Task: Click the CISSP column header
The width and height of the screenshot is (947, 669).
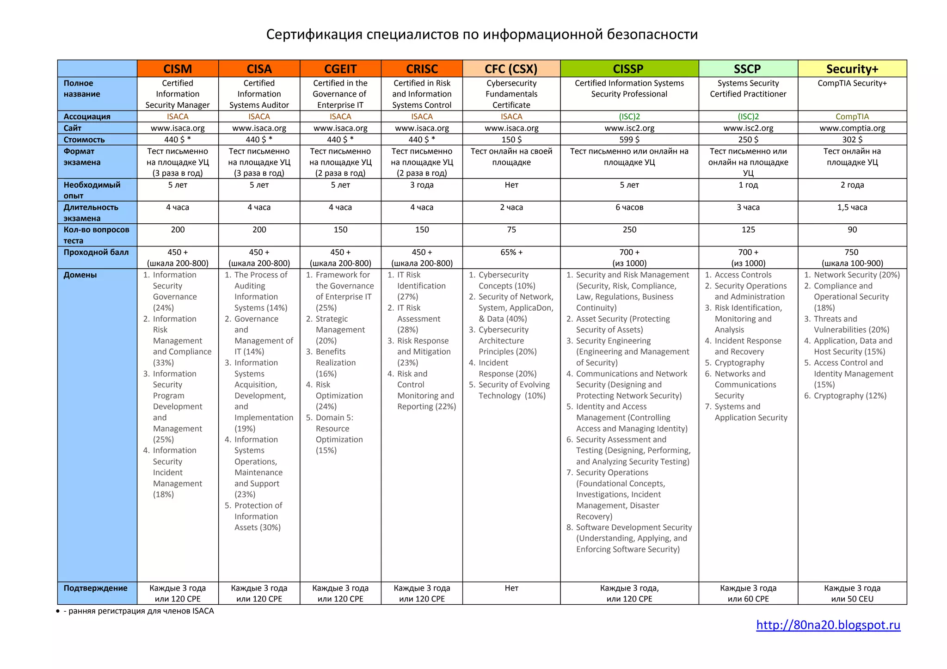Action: [x=628, y=69]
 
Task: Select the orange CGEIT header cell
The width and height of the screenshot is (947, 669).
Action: [x=340, y=69]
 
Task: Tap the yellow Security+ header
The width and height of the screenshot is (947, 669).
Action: [x=852, y=69]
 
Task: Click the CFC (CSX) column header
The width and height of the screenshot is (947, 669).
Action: [x=511, y=69]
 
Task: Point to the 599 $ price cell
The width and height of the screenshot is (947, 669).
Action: [x=629, y=140]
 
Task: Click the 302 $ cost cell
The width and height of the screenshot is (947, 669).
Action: [x=852, y=140]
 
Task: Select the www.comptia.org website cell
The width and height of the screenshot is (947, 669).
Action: [x=852, y=128]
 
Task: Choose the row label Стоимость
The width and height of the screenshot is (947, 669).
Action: [x=84, y=140]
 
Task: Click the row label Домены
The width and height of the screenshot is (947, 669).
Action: [x=80, y=275]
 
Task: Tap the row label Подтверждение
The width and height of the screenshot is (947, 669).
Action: [x=95, y=588]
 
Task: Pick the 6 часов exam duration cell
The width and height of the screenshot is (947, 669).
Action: [x=629, y=208]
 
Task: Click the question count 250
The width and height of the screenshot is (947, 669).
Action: [x=629, y=230]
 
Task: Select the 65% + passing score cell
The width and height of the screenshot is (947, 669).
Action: [x=511, y=252]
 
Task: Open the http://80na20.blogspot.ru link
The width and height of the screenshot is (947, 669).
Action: [x=828, y=625]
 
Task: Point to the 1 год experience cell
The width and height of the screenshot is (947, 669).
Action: [x=748, y=185]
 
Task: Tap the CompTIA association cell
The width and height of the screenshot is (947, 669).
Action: [x=852, y=117]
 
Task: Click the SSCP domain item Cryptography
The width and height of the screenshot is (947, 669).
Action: [x=739, y=363]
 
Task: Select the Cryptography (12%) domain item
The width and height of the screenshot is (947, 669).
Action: [x=850, y=396]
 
